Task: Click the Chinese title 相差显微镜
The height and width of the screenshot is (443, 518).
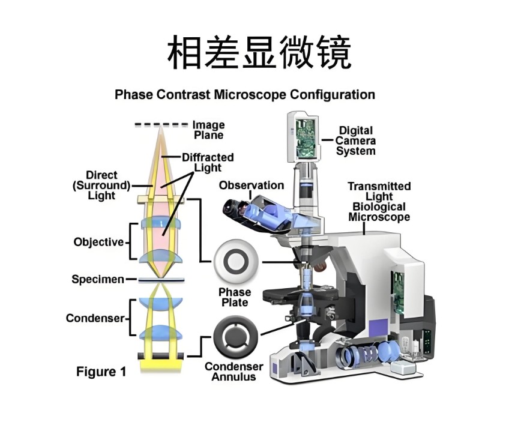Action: (x=259, y=53)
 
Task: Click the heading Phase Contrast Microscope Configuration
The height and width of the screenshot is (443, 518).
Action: (x=245, y=95)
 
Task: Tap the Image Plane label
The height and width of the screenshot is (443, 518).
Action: (x=208, y=130)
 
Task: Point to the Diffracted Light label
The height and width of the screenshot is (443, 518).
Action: (x=207, y=163)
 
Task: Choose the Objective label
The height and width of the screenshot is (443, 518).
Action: (x=98, y=243)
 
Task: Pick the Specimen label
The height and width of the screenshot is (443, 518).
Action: (x=98, y=279)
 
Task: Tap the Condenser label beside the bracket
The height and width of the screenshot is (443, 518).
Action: (x=95, y=318)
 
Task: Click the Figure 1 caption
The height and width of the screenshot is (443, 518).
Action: (x=101, y=372)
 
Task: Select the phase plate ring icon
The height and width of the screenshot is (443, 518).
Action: (x=235, y=262)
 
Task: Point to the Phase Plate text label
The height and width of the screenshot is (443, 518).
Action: (x=235, y=298)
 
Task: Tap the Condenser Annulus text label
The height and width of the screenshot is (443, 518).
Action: (x=234, y=372)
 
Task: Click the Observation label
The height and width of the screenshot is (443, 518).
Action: (x=251, y=185)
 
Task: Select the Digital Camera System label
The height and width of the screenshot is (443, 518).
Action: (x=355, y=140)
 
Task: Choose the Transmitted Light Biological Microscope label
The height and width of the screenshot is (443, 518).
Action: (x=379, y=202)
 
